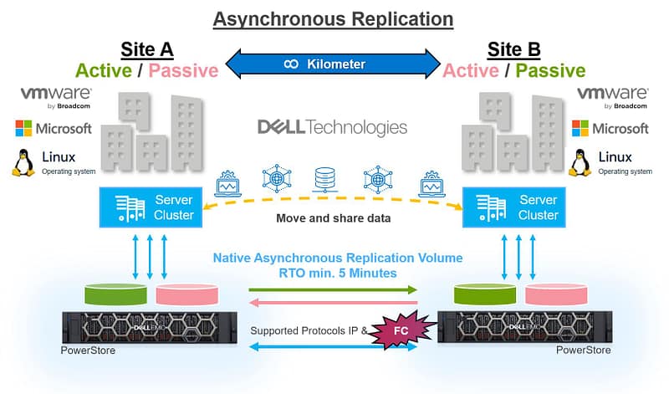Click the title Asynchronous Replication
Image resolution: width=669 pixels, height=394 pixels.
click(333, 18)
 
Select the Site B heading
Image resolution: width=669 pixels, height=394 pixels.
click(513, 49)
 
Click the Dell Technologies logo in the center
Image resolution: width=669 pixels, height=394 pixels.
click(332, 127)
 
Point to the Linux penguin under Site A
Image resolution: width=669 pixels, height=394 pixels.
click(23, 161)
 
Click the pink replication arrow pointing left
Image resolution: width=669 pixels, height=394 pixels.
click(333, 304)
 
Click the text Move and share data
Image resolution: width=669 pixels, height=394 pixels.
click(333, 219)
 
